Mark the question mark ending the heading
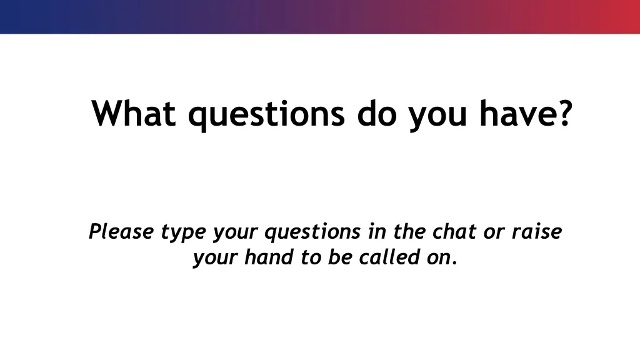point(564,113)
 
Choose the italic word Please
point(121,232)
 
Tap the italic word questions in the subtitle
point(312,232)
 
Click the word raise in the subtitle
point(537,232)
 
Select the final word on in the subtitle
point(438,257)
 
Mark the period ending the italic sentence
point(454,262)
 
